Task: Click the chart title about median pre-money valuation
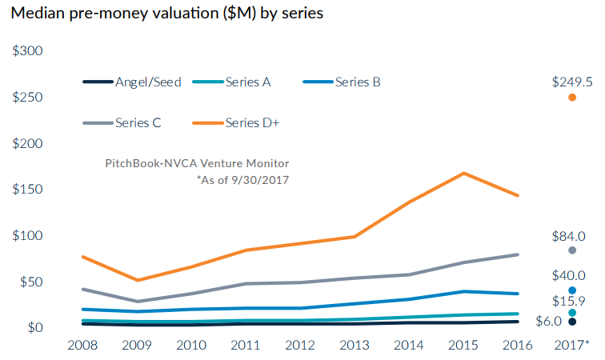coord(166,15)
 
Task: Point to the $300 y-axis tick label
coord(28,51)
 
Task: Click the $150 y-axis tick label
coord(28,190)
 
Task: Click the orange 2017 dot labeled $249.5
coord(572,98)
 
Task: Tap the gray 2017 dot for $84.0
coord(572,250)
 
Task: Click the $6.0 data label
coord(549,322)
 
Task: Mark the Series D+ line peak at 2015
coord(463,173)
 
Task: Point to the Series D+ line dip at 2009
coord(138,280)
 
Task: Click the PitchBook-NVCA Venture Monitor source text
coord(197,163)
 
